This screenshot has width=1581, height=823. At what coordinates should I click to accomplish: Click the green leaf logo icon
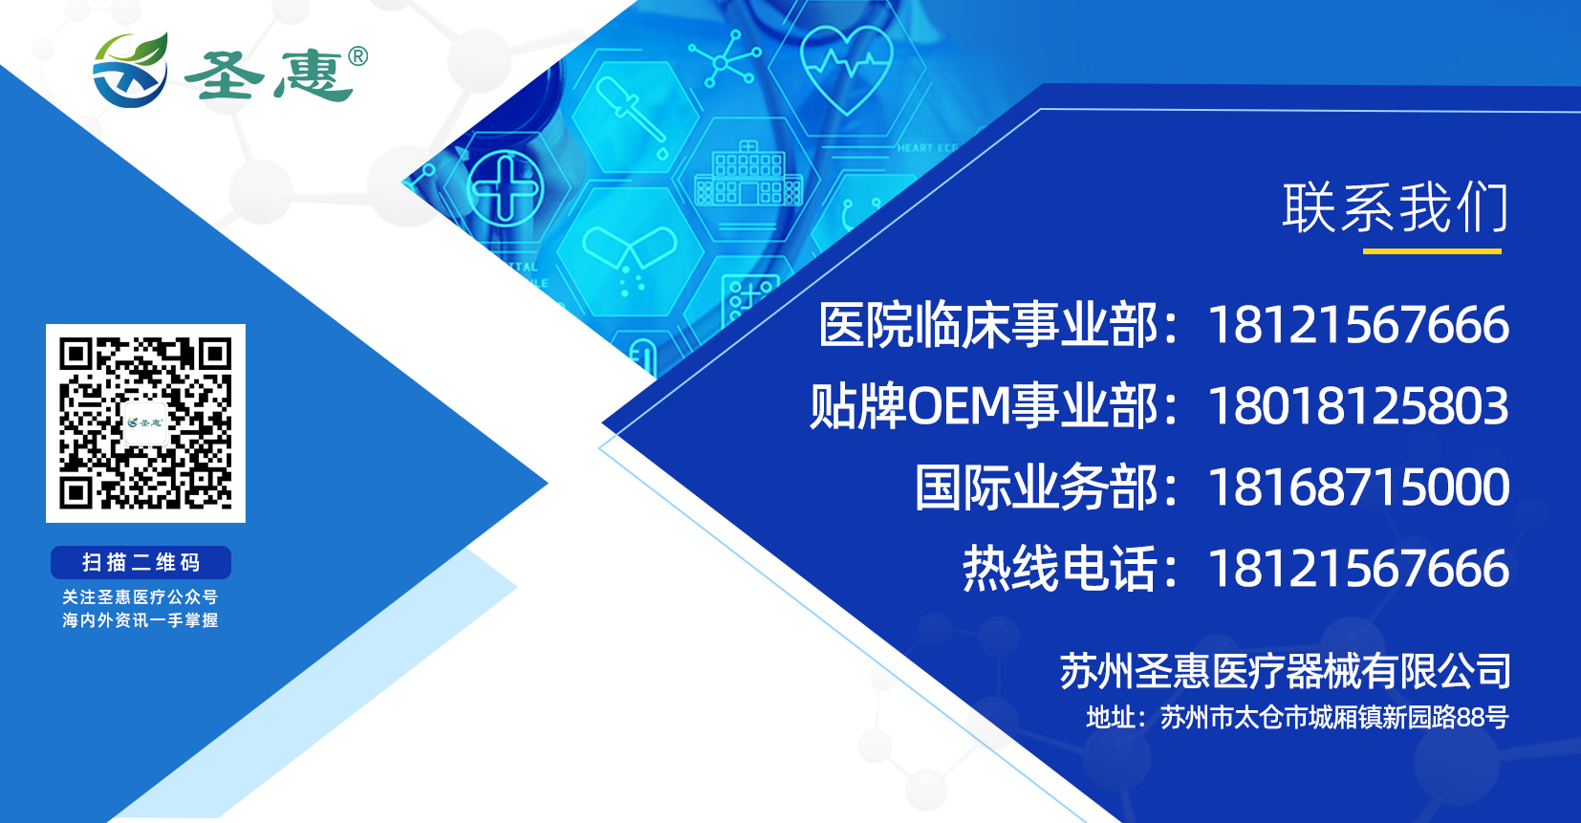click(131, 70)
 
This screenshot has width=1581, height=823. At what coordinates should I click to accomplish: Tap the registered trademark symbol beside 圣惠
click(357, 56)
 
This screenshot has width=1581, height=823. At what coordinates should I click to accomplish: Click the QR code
click(145, 423)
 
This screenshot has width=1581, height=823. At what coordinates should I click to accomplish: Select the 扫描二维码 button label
click(141, 563)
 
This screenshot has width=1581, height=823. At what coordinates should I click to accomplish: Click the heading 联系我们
click(1395, 207)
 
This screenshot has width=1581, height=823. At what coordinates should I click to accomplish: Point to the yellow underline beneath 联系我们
click(1432, 251)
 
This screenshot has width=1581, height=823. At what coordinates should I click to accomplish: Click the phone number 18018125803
click(1358, 406)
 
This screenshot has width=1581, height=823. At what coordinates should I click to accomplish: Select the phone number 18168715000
click(1358, 487)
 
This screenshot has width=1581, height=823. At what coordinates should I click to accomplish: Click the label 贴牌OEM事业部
click(985, 406)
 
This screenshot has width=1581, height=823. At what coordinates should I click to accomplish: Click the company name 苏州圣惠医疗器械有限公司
click(1286, 671)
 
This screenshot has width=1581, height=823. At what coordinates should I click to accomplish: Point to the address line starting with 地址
click(1297, 717)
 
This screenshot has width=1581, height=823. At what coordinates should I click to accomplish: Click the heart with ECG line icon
click(847, 69)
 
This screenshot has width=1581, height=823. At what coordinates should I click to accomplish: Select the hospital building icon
click(748, 174)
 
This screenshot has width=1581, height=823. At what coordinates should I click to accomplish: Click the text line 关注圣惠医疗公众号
click(141, 597)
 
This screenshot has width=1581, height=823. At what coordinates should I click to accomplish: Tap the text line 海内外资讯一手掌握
click(141, 620)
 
